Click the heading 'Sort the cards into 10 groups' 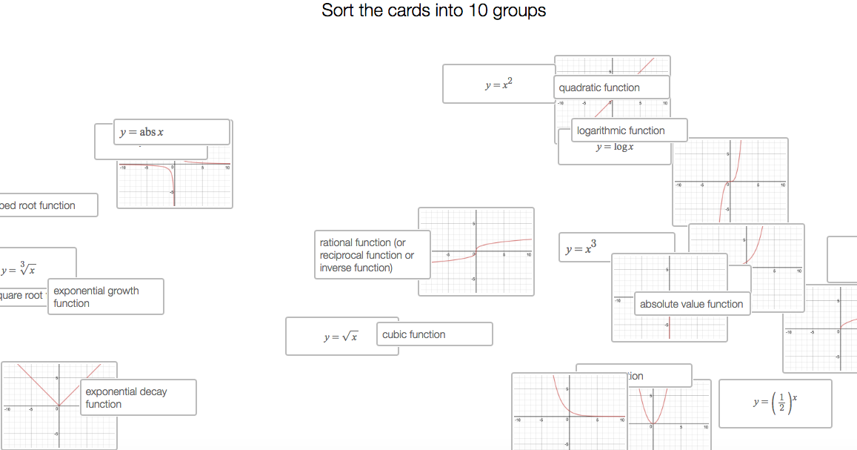point(433,11)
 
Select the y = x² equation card point(498,84)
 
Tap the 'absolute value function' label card point(691,304)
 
